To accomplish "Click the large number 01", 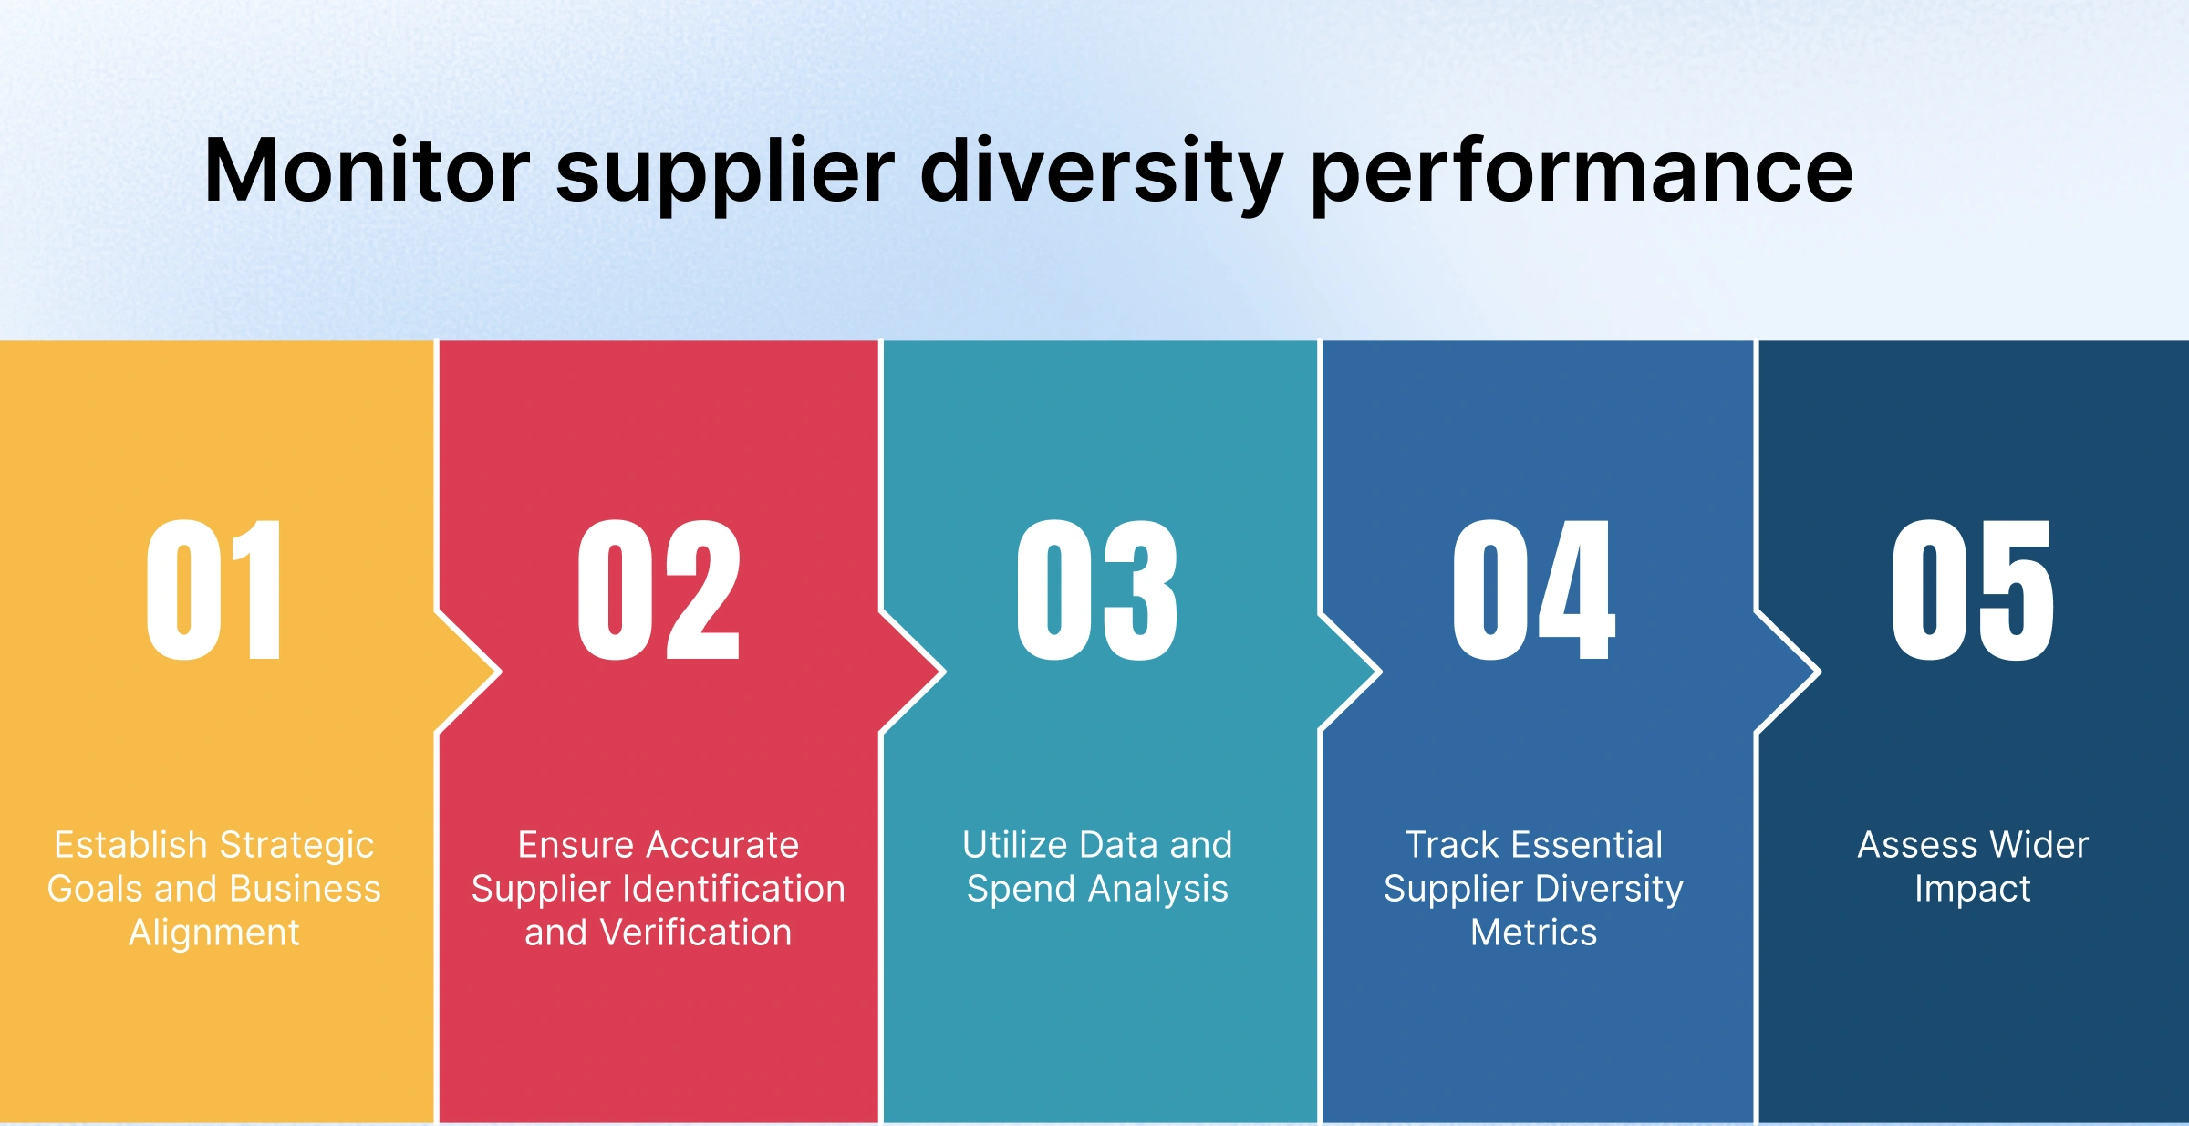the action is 213,589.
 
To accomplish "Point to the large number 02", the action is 659,589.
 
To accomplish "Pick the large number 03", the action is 1097,589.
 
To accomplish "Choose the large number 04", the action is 1534,589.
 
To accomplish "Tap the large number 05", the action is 1973,589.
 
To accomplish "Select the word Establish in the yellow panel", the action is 130,845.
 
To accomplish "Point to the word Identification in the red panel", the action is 747,889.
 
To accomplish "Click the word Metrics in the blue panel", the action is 1534,933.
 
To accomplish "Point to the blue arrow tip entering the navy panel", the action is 1820,672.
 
